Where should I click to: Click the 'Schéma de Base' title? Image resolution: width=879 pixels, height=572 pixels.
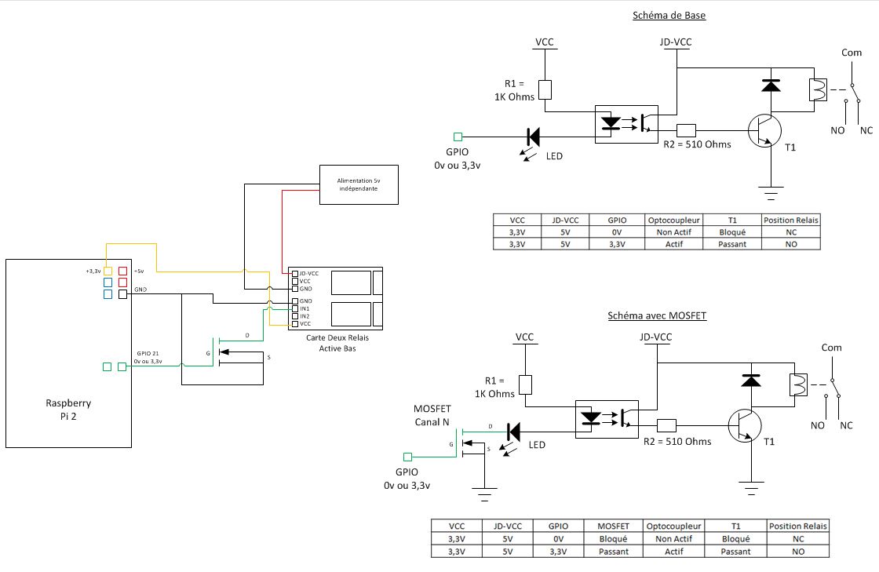(669, 16)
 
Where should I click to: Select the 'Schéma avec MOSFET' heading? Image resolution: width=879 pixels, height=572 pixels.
(657, 316)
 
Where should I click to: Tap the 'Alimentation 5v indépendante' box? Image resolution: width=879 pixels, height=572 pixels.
(359, 185)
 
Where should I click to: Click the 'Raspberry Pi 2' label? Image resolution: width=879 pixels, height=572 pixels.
(68, 410)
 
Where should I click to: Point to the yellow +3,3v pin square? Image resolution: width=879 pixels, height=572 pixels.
(108, 271)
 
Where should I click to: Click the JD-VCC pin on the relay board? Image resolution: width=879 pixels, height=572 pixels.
(295, 274)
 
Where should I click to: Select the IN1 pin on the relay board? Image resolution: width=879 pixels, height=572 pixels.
(295, 308)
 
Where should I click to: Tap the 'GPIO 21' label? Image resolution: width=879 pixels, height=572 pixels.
(148, 354)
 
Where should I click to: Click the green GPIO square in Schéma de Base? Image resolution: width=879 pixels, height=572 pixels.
(458, 137)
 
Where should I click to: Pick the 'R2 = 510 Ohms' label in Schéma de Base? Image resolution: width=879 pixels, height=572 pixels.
(697, 144)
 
